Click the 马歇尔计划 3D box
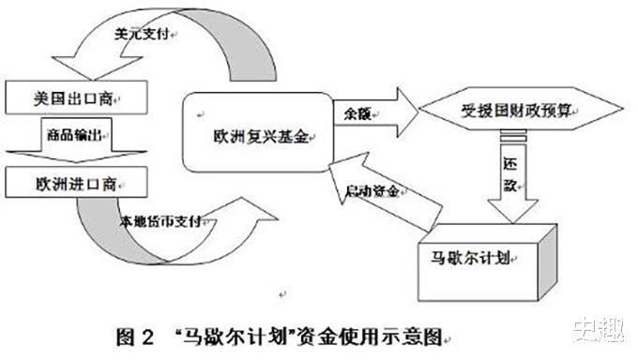pyautogui.click(x=478, y=253)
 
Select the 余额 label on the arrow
pyautogui.click(x=354, y=112)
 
